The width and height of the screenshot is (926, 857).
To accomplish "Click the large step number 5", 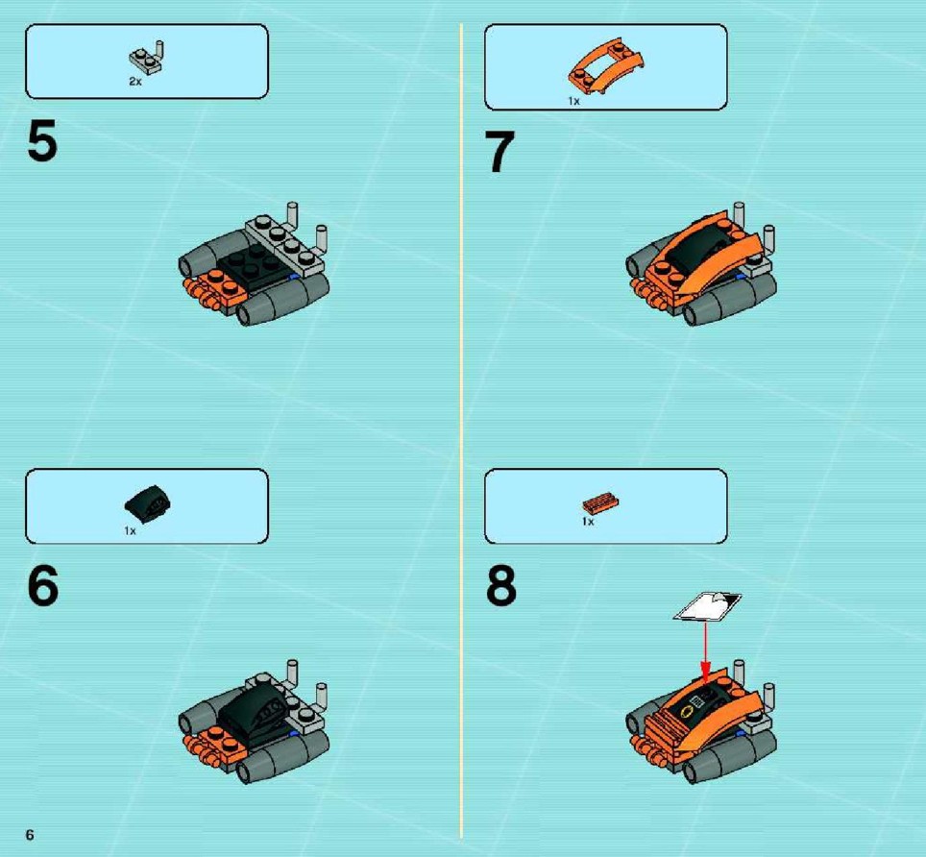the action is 42,139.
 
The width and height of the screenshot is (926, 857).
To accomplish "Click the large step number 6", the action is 42,585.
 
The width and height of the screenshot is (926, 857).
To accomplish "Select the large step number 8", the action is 500,585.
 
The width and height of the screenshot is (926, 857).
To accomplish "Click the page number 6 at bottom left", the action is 30,834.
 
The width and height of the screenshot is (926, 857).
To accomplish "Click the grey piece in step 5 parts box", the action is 146,58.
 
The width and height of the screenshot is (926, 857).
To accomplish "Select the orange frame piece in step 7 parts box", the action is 606,65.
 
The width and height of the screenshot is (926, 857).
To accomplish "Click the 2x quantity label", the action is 135,82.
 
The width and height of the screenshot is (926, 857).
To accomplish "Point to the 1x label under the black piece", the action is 130,530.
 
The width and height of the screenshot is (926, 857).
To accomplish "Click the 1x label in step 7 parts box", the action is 574,101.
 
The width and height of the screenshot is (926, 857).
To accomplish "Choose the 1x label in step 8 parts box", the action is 588,522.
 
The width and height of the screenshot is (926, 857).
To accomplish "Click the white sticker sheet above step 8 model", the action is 707,606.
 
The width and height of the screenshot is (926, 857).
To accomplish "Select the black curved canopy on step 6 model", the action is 254,711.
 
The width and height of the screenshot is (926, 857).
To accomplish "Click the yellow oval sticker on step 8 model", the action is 687,712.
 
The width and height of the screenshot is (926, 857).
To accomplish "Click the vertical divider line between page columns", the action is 461,430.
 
